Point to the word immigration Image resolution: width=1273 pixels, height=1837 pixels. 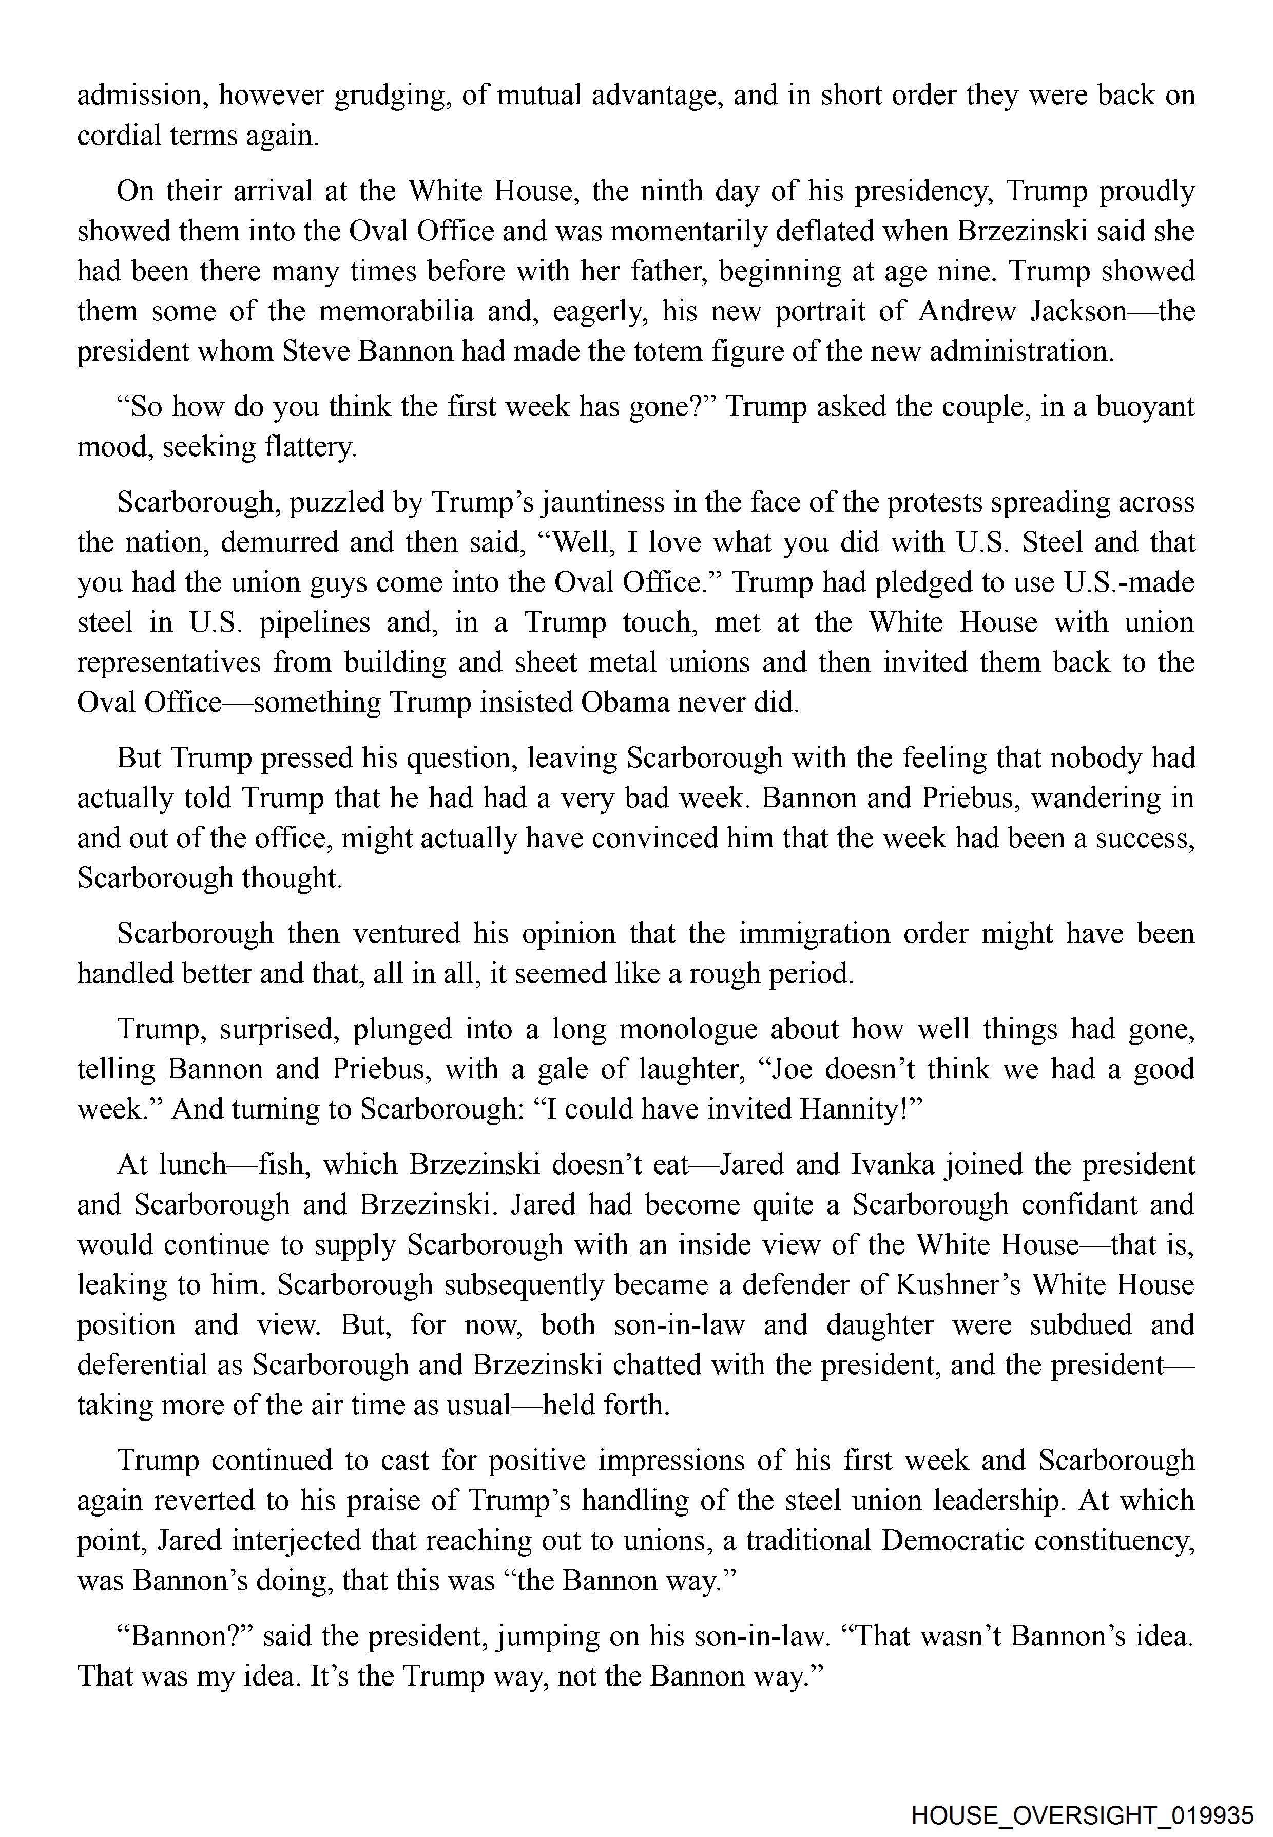(814, 934)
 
